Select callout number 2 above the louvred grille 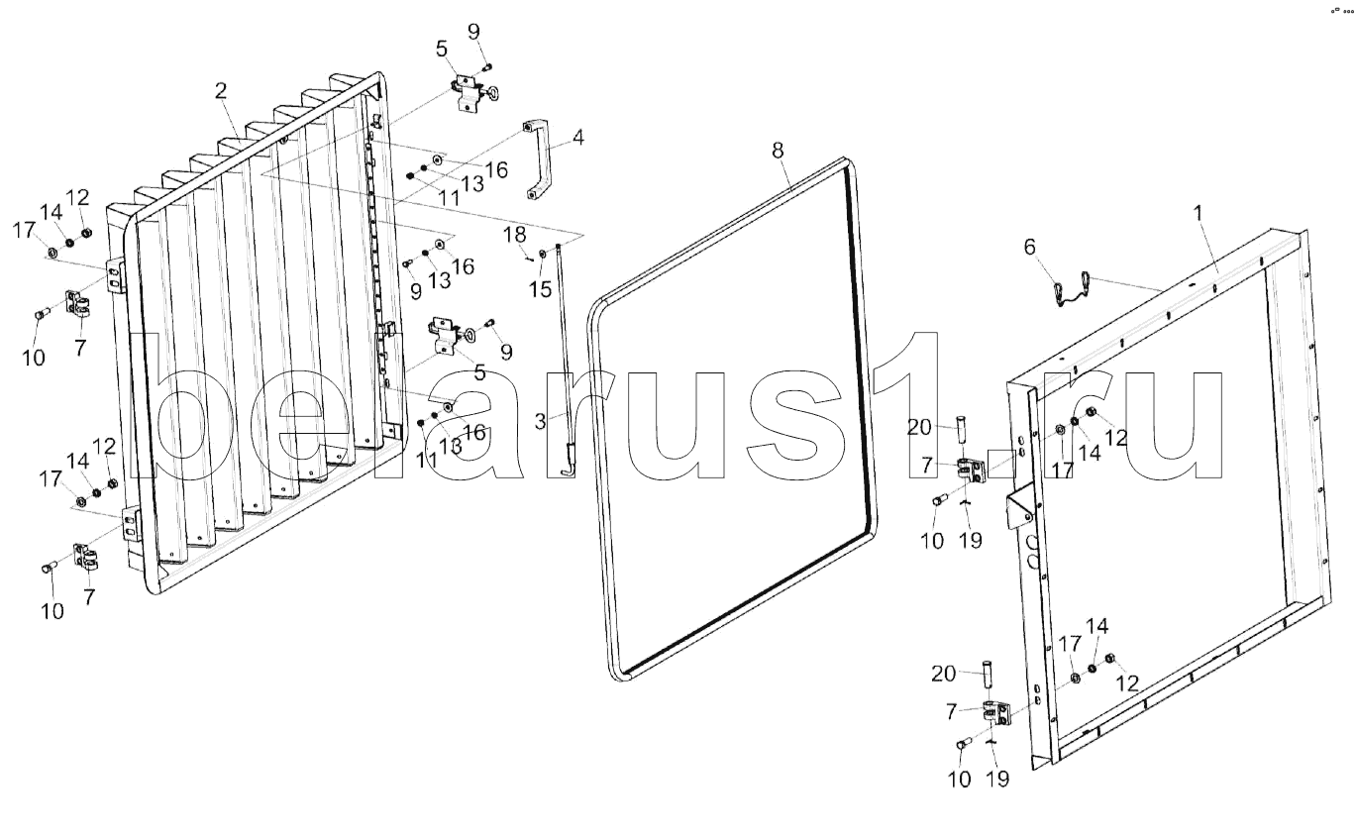(221, 90)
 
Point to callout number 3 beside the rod (540, 420)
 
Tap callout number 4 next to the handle (577, 138)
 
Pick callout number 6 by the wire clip (1031, 248)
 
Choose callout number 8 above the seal (778, 151)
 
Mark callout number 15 (540, 289)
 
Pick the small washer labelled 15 (543, 257)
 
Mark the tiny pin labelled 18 (529, 259)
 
